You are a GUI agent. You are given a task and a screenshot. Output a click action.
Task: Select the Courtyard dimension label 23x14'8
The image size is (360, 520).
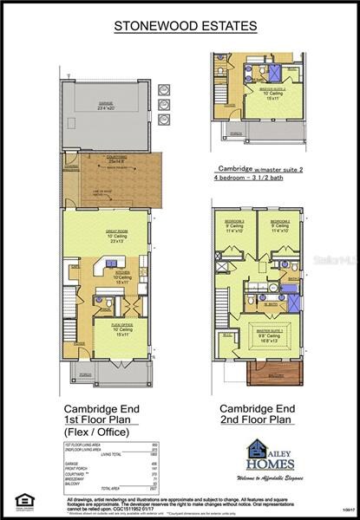(x=116, y=163)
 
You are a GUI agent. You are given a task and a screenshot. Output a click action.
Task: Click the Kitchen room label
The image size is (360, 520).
(x=121, y=273)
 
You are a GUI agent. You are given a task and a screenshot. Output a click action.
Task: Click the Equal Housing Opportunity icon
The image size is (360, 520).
(x=21, y=499)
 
